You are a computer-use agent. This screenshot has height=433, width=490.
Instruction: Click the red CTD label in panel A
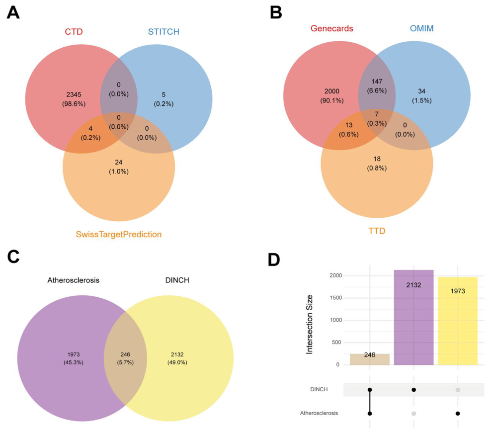74,32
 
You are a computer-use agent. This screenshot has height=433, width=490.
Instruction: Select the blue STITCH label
164,32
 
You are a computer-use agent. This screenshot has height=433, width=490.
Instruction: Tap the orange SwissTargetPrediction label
119,234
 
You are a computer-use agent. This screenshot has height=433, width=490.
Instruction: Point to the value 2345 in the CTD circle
74,94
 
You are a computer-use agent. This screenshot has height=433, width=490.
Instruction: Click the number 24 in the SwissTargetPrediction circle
118,162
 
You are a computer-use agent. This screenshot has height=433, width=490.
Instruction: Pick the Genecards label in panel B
332,28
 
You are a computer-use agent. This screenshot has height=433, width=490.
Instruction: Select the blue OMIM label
422,28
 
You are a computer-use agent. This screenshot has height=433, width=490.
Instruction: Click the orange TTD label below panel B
377,231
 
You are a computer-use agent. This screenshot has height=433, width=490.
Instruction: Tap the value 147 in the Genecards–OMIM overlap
377,82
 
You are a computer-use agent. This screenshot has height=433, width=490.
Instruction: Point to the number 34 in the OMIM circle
421,91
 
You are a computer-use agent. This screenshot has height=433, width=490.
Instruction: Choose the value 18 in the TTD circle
377,159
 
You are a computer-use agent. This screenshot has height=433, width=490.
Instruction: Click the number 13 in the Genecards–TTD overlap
349,125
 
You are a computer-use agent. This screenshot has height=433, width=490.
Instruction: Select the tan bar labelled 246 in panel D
370,359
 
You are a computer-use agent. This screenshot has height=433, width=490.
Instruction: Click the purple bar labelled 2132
414,317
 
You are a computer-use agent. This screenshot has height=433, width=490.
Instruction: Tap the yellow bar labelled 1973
458,321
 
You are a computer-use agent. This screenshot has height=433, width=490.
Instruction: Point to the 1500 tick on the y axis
335,298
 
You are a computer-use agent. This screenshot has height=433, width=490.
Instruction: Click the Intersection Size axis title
310,324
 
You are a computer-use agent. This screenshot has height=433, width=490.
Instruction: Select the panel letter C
13,257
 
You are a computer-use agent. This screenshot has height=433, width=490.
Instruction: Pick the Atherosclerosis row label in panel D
319,413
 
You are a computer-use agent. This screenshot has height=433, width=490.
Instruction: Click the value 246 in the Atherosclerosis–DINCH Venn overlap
125,354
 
